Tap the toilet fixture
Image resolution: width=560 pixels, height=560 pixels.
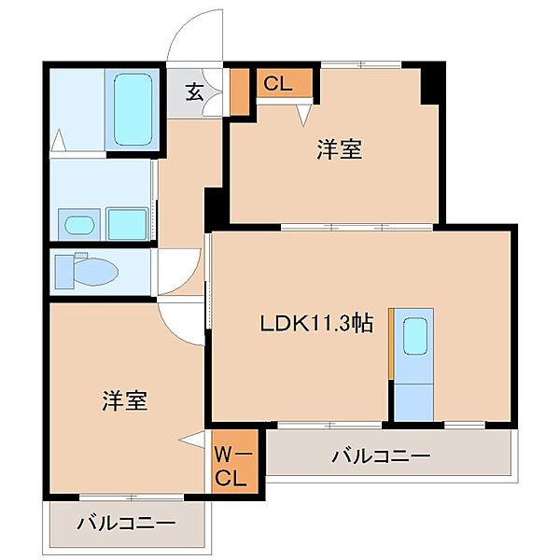tap(85, 272)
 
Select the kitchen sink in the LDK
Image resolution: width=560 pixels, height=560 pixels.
tap(414, 333)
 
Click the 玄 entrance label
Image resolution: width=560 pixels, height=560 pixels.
tap(194, 92)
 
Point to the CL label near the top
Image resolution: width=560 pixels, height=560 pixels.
tap(277, 84)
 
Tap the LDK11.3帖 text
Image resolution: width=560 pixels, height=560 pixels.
tap(316, 323)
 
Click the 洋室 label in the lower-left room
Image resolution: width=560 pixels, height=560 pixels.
tap(124, 400)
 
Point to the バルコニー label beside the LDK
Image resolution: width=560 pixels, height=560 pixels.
tap(381, 456)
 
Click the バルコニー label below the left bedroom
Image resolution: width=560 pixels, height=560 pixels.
tap(126, 523)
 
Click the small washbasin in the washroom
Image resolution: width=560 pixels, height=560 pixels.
tap(77, 224)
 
